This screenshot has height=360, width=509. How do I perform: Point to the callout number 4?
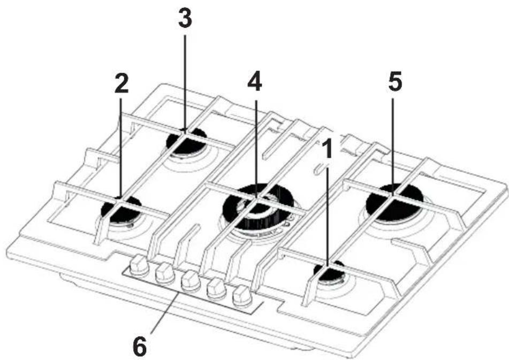pyautogui.click(x=255, y=81)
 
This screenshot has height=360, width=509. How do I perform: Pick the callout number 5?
pyautogui.click(x=394, y=81)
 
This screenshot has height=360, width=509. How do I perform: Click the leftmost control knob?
pyautogui.click(x=140, y=264)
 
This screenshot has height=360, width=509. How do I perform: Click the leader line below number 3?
pyautogui.click(x=185, y=80)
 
